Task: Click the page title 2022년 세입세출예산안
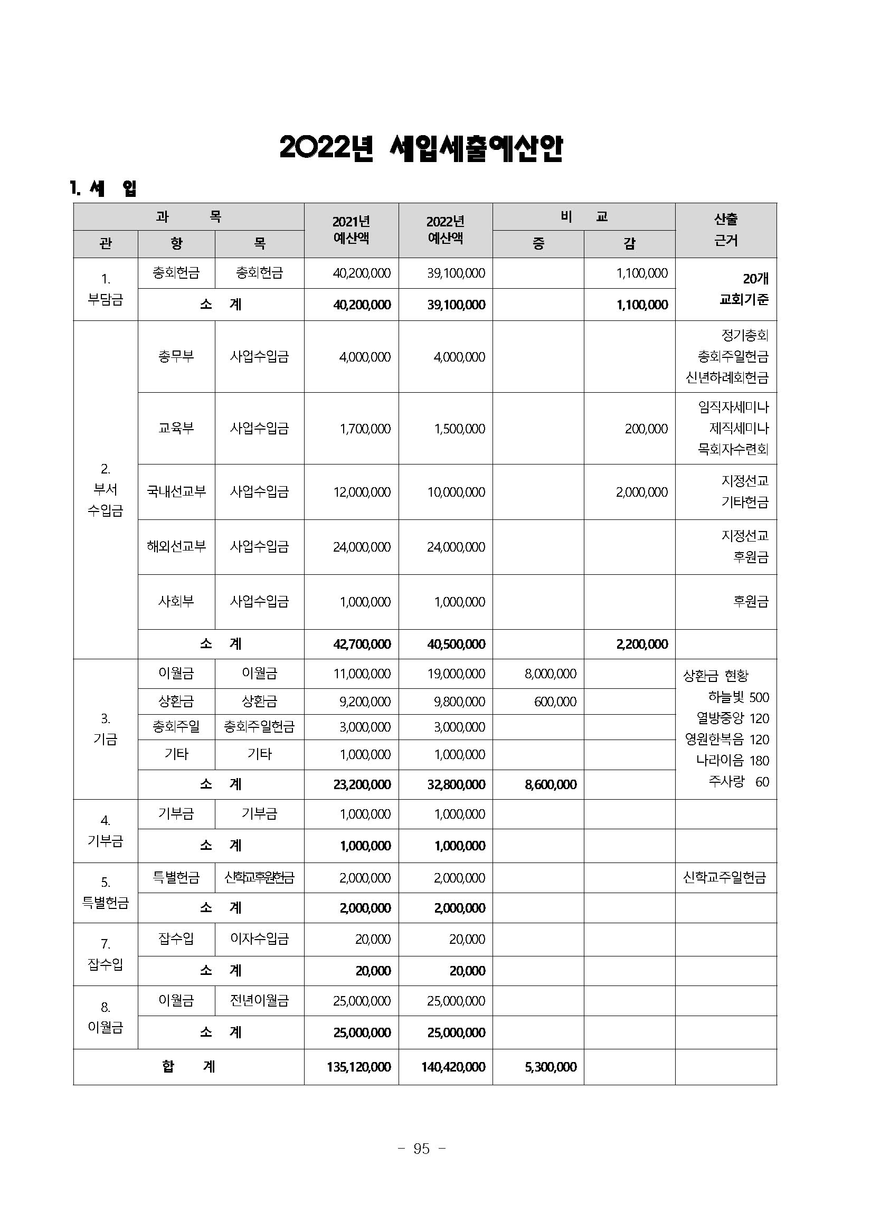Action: point(421,149)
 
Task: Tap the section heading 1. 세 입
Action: point(103,188)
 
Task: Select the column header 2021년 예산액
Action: point(351,230)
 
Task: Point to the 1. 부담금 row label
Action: point(105,289)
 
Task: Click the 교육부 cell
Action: point(176,428)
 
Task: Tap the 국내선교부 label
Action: point(176,491)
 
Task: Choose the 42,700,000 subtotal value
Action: point(362,644)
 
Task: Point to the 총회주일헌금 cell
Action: point(259,727)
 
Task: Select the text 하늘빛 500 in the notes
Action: point(738,697)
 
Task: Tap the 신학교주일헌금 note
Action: point(724,877)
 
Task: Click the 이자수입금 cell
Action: point(259,939)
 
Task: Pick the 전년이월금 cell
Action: point(259,1000)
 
